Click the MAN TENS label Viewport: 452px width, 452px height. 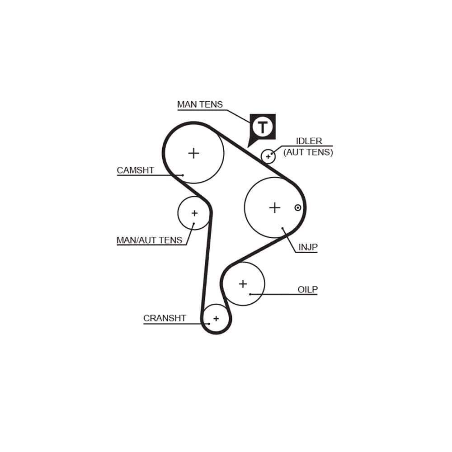click(x=200, y=104)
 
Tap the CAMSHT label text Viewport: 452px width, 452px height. click(x=136, y=170)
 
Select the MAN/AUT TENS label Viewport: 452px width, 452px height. click(x=149, y=240)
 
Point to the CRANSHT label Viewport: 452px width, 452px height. click(x=165, y=318)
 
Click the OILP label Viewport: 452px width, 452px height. click(x=307, y=289)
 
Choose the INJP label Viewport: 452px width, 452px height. click(x=308, y=247)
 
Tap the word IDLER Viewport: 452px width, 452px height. click(x=309, y=141)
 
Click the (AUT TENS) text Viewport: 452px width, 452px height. click(x=308, y=152)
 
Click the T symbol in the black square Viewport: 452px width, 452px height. click(x=262, y=127)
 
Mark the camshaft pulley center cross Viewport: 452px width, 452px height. click(x=194, y=153)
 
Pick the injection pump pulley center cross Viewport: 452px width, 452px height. click(x=275, y=207)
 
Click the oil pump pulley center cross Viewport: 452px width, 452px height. click(x=243, y=284)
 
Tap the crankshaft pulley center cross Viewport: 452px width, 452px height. click(x=216, y=319)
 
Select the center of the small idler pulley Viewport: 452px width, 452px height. click(x=268, y=156)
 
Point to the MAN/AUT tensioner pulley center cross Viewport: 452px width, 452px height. click(x=194, y=213)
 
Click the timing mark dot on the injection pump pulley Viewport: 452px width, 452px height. click(x=298, y=207)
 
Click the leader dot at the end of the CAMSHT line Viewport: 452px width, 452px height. click(x=183, y=175)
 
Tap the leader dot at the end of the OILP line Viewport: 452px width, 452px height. click(x=250, y=294)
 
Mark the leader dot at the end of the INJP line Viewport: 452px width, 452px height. click(x=282, y=228)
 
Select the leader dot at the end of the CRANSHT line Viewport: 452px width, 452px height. click(x=209, y=324)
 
